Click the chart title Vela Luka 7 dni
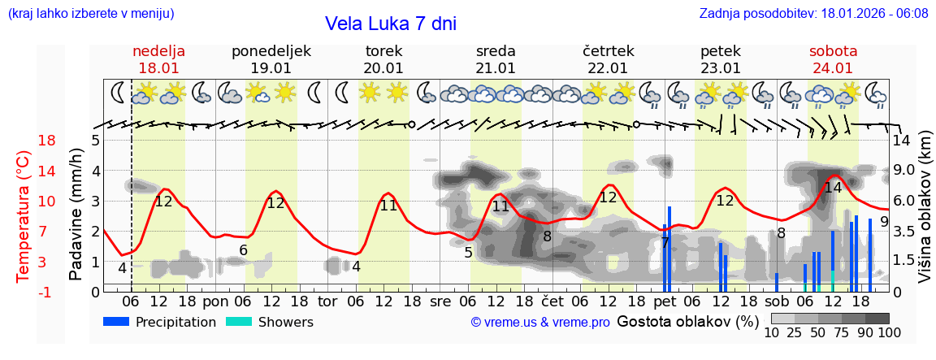[390, 24]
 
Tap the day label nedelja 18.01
[158, 59]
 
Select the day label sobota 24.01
[833, 59]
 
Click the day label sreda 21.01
[496, 59]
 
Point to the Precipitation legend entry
[160, 322]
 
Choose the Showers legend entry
[269, 322]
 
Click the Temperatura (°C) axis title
[24, 216]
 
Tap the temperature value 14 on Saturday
[833, 188]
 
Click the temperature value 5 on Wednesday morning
[468, 253]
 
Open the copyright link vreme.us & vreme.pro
[540, 323]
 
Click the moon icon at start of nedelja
[119, 92]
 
